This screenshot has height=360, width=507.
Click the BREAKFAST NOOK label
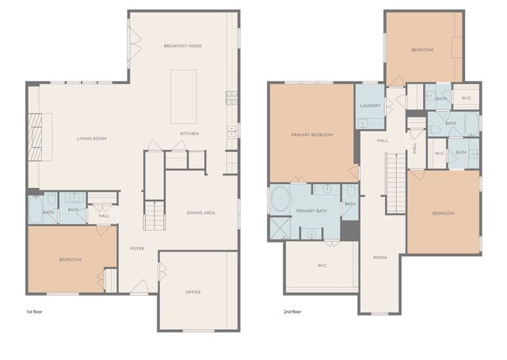point(182,46)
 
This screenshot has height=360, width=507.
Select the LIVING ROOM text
point(91,139)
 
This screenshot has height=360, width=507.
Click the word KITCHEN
point(189,133)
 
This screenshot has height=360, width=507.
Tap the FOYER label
point(137,248)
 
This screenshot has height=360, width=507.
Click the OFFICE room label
point(193,292)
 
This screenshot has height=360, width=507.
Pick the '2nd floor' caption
point(292,312)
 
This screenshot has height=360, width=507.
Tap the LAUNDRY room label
point(371,105)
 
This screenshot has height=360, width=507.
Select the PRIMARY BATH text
point(311,211)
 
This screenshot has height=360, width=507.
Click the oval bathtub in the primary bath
point(280,199)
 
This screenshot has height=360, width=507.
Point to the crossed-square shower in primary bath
point(280,228)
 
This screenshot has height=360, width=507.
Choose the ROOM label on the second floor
point(380,257)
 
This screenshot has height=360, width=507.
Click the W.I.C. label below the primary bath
point(323,266)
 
